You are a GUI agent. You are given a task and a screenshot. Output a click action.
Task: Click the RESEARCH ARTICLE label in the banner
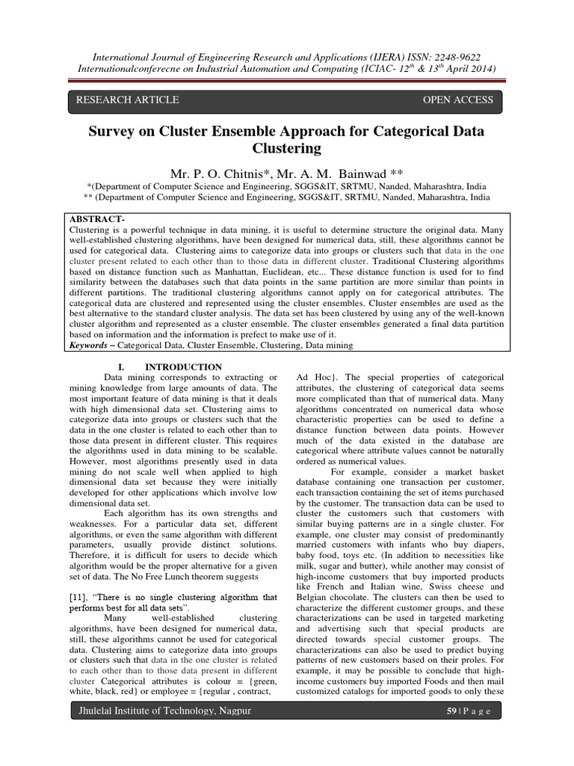(x=123, y=99)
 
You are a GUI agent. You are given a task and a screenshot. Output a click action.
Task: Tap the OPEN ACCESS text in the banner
(x=458, y=99)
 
